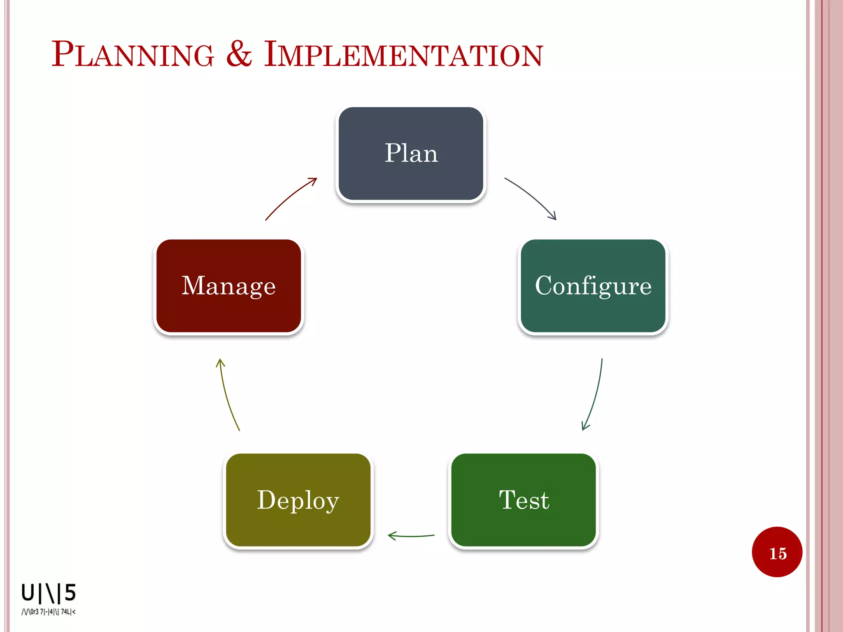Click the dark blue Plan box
coord(411,153)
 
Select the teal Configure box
coord(593,286)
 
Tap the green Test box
coord(524,500)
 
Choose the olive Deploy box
coord(298,500)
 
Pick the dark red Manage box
coord(228,286)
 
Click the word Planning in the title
coord(133,54)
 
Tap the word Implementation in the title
coord(403,54)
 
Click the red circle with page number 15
coord(777,552)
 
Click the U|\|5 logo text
coord(49,593)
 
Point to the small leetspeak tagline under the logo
coord(49,612)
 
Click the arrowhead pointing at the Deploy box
coord(391,536)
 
